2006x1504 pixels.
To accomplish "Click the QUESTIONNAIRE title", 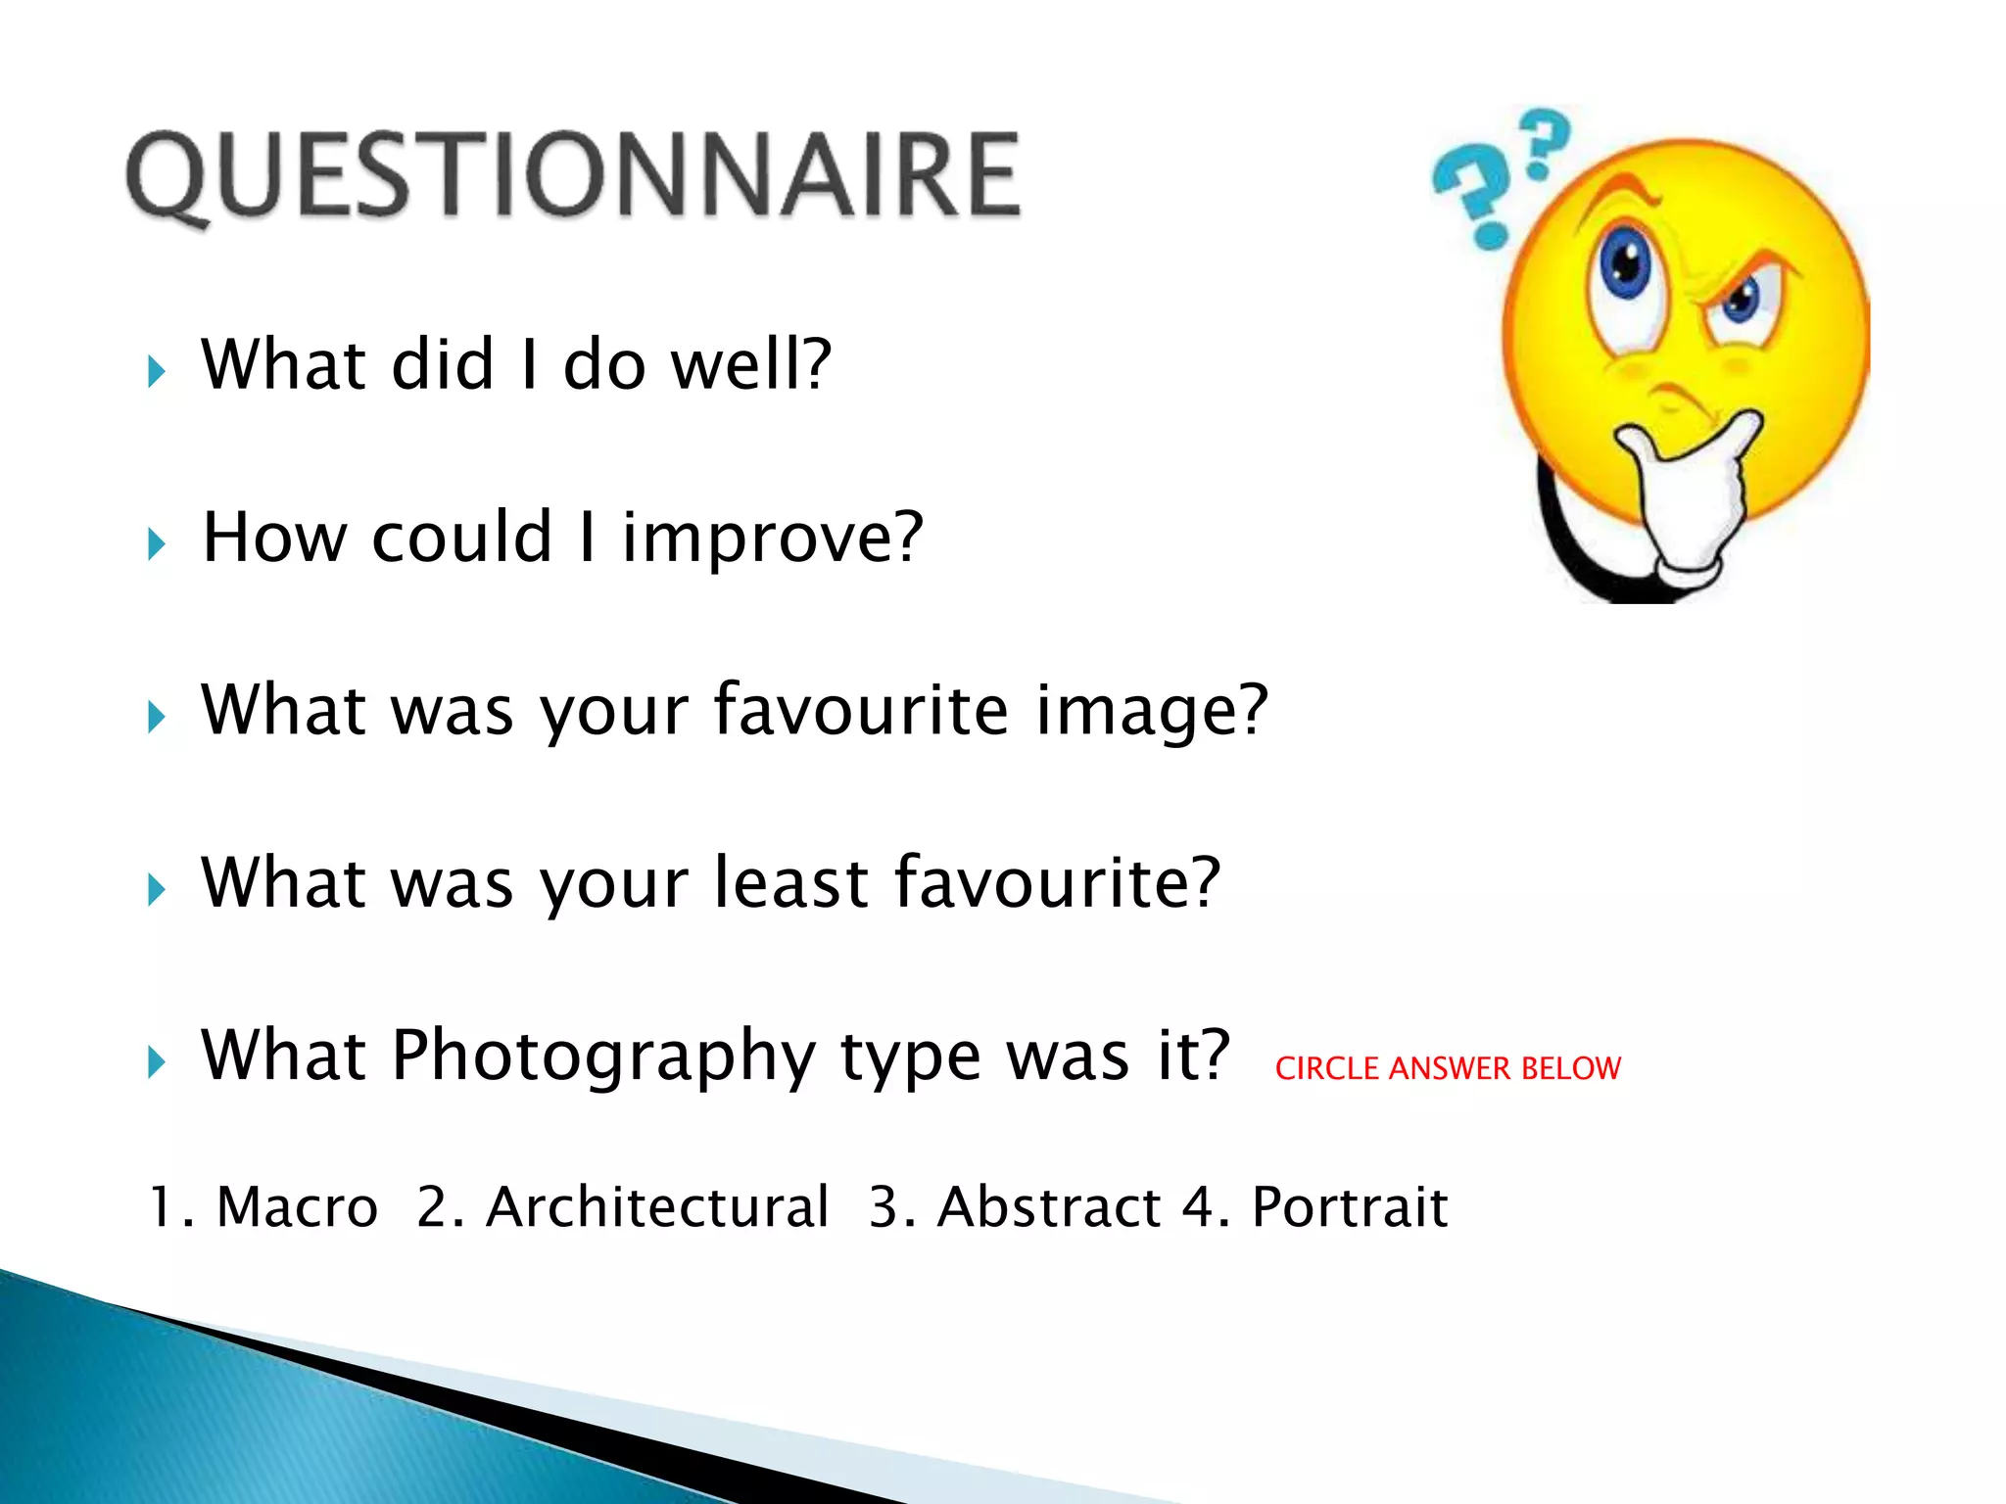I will coord(574,176).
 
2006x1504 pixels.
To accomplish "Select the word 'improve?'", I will coord(773,539).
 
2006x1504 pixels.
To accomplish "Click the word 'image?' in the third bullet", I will coord(1152,711).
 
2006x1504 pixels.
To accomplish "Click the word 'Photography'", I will coord(603,1056).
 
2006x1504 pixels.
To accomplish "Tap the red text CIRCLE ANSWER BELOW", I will coord(1447,1068).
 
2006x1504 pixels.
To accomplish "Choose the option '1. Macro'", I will coord(263,1206).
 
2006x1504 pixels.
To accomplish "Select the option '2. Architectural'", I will coord(623,1206).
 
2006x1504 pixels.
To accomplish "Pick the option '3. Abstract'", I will coord(1014,1206).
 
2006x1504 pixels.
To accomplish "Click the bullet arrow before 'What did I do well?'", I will coord(157,372).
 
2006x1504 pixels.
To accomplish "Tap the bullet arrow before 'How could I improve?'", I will coord(157,544).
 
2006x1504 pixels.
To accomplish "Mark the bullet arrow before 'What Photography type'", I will coord(157,1061).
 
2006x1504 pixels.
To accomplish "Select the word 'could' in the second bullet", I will coord(461,539).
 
